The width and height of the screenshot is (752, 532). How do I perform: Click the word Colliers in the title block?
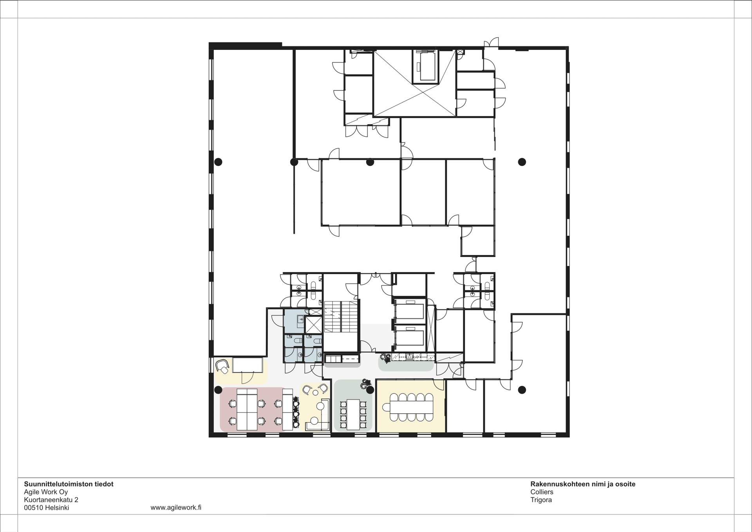click(x=542, y=492)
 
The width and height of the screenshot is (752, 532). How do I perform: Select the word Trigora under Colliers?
click(x=541, y=500)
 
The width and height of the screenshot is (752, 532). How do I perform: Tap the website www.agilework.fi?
click(x=176, y=508)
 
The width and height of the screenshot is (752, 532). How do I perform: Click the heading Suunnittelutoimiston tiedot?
click(x=69, y=484)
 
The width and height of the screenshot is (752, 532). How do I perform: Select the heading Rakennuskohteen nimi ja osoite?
click(x=583, y=484)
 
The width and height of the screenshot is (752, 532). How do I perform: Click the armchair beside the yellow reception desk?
click(x=222, y=366)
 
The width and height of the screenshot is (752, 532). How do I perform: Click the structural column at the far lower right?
click(x=522, y=390)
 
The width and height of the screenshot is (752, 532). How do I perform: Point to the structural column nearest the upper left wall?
click(x=218, y=162)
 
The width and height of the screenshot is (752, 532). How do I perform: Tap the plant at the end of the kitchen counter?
click(x=385, y=358)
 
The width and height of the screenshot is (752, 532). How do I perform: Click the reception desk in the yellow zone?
click(x=248, y=365)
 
